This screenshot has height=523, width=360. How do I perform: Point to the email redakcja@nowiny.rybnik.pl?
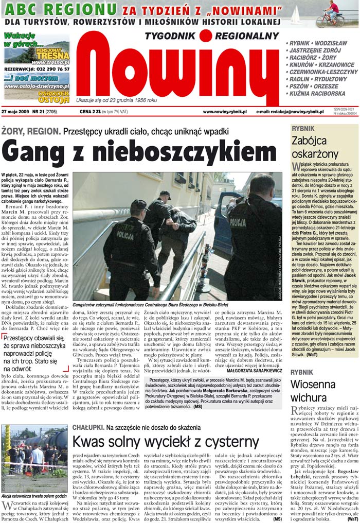pyautogui.click(x=290, y=111)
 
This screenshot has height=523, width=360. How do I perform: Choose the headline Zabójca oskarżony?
pyautogui.click(x=315, y=147)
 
